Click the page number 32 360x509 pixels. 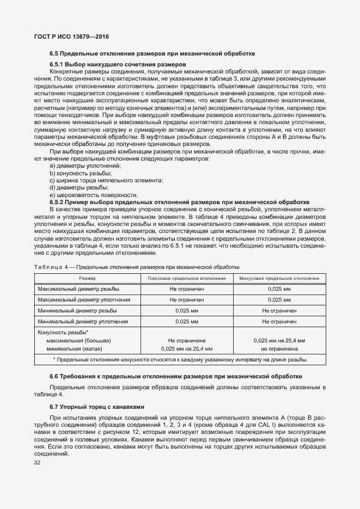[x=38, y=462]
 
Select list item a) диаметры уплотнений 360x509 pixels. [x=85, y=165]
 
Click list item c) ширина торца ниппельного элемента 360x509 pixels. [x=106, y=180]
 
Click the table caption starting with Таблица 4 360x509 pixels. [x=137, y=267]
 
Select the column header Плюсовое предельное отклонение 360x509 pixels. [x=187, y=278]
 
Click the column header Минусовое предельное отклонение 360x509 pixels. [x=279, y=278]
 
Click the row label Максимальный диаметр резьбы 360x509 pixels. [x=78, y=289]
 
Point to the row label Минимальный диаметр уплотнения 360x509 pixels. [x=83, y=322]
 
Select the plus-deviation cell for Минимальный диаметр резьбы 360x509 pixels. [x=187, y=310]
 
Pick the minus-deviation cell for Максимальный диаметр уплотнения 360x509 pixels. [x=279, y=299]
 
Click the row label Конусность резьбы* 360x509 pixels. [x=63, y=332]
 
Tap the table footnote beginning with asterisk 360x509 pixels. [x=180, y=360]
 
